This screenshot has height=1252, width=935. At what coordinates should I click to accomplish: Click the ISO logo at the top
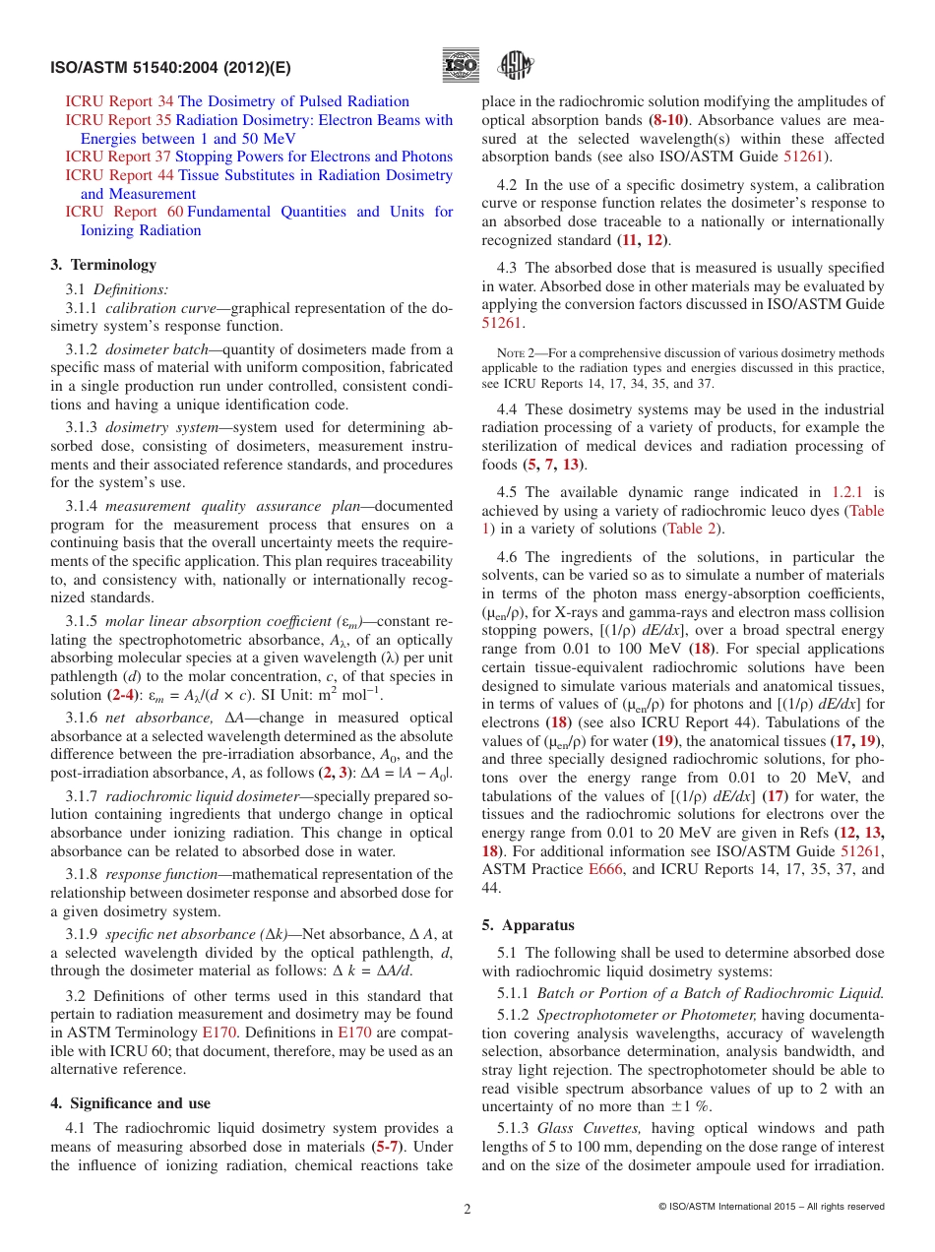coord(462,66)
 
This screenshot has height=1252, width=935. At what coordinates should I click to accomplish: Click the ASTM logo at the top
coord(515,66)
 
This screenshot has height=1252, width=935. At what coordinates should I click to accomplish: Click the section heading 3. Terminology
coord(103,265)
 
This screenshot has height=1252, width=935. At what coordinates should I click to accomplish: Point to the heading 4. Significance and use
coord(130,1103)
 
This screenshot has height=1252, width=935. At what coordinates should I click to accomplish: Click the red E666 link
coord(605,869)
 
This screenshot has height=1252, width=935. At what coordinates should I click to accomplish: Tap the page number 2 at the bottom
coord(467,1210)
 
